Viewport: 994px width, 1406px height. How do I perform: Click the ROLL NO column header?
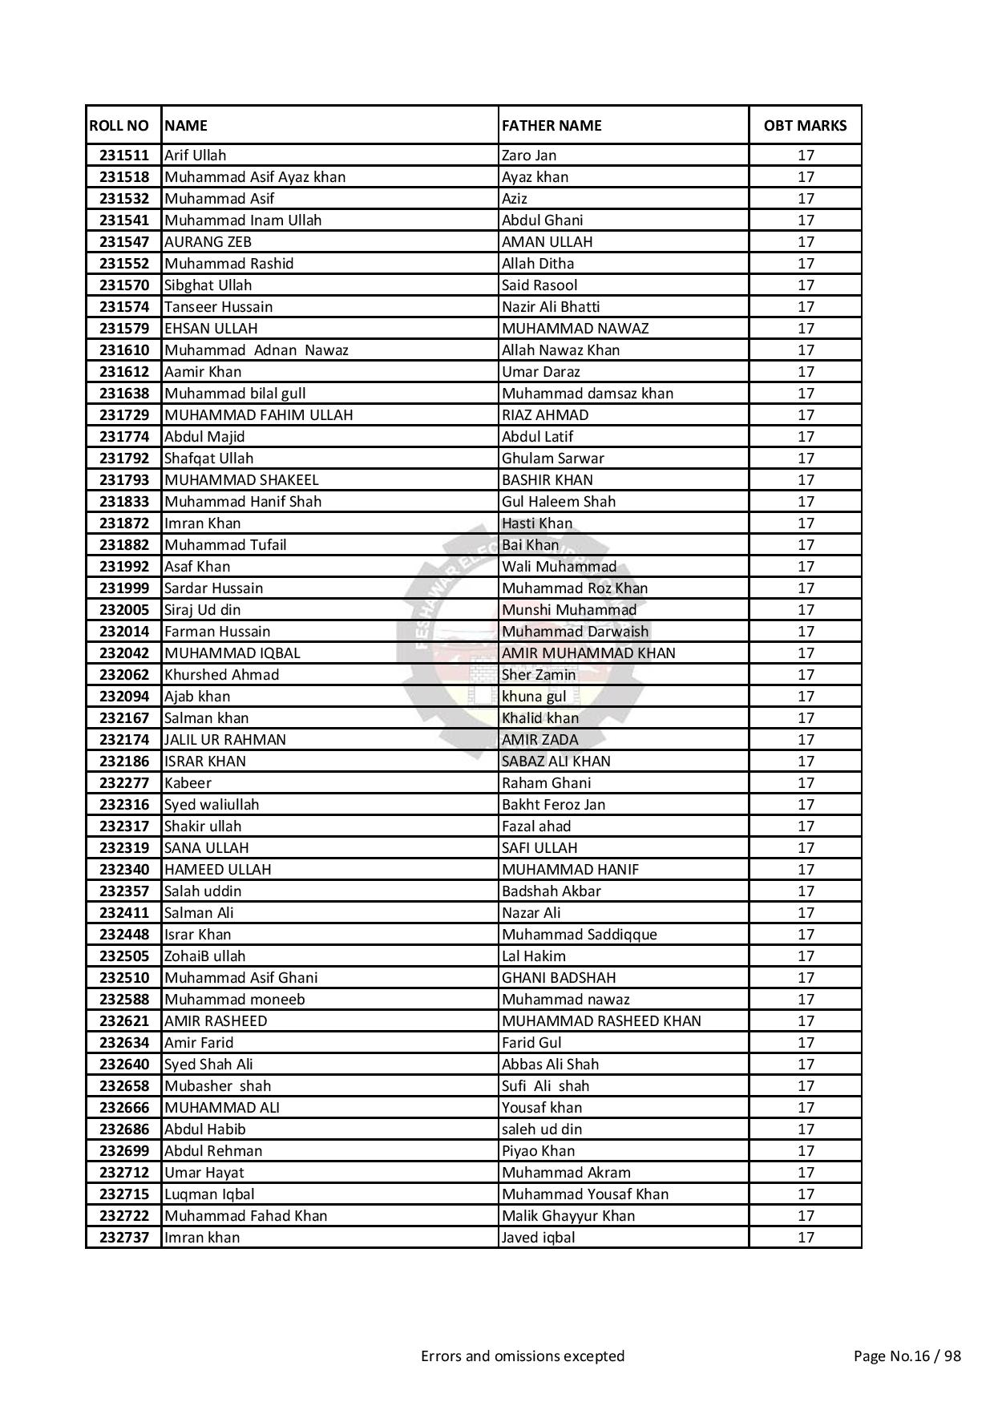click(x=119, y=125)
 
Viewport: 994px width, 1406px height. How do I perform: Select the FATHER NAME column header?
click(x=552, y=125)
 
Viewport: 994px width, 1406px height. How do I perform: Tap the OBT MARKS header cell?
click(x=805, y=125)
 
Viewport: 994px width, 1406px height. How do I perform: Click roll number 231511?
click(x=124, y=156)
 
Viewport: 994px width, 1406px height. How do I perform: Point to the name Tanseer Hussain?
click(x=218, y=307)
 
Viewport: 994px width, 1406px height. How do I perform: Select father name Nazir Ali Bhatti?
click(x=551, y=307)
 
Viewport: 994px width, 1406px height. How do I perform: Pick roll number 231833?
click(x=124, y=502)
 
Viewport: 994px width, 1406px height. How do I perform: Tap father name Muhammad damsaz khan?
click(x=588, y=394)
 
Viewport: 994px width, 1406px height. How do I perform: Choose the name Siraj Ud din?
click(x=202, y=610)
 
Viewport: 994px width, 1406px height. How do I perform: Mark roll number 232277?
click(x=124, y=783)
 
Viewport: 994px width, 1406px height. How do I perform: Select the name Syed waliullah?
click(x=212, y=805)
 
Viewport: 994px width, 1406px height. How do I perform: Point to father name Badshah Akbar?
click(x=551, y=891)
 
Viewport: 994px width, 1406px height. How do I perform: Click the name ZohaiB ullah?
click(x=204, y=956)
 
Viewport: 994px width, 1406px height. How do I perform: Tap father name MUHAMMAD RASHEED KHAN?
click(x=601, y=1021)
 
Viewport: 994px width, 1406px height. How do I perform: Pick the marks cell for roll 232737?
click(x=805, y=1238)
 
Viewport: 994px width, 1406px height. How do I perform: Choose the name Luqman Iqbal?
click(x=209, y=1194)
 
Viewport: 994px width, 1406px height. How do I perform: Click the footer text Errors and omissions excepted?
click(x=523, y=1356)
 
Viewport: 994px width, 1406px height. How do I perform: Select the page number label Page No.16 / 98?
click(x=907, y=1356)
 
